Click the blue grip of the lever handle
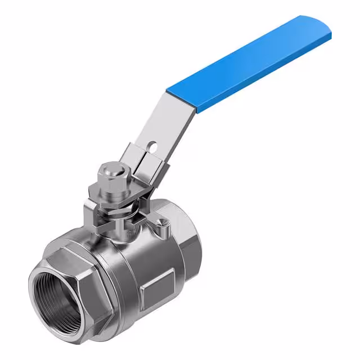[x=253, y=62]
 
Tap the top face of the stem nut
[x=109, y=169]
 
